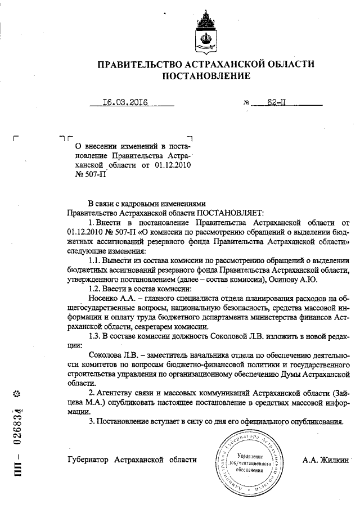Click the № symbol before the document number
(246, 103)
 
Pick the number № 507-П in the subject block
(89, 175)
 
